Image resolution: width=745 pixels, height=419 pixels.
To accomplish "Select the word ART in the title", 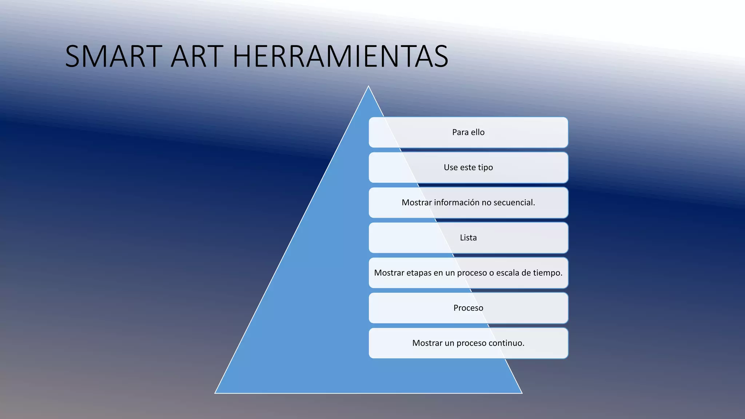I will point(197,56).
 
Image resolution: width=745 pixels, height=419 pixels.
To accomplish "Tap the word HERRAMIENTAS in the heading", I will point(340,56).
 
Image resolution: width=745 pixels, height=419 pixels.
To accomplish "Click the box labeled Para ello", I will point(468,132).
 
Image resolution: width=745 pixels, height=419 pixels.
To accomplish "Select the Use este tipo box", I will point(468,168).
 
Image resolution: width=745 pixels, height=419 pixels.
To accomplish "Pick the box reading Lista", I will point(468,238).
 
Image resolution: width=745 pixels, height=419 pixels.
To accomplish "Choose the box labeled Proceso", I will point(468,308).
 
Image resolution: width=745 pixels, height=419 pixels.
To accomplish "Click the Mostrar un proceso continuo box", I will point(468,343).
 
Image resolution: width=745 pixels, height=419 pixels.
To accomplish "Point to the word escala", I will point(507,273).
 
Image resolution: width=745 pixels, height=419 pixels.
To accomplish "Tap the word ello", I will point(478,132).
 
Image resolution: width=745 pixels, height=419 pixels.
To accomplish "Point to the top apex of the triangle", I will point(368,87).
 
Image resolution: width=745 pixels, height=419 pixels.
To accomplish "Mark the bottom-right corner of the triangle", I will point(521,392).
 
